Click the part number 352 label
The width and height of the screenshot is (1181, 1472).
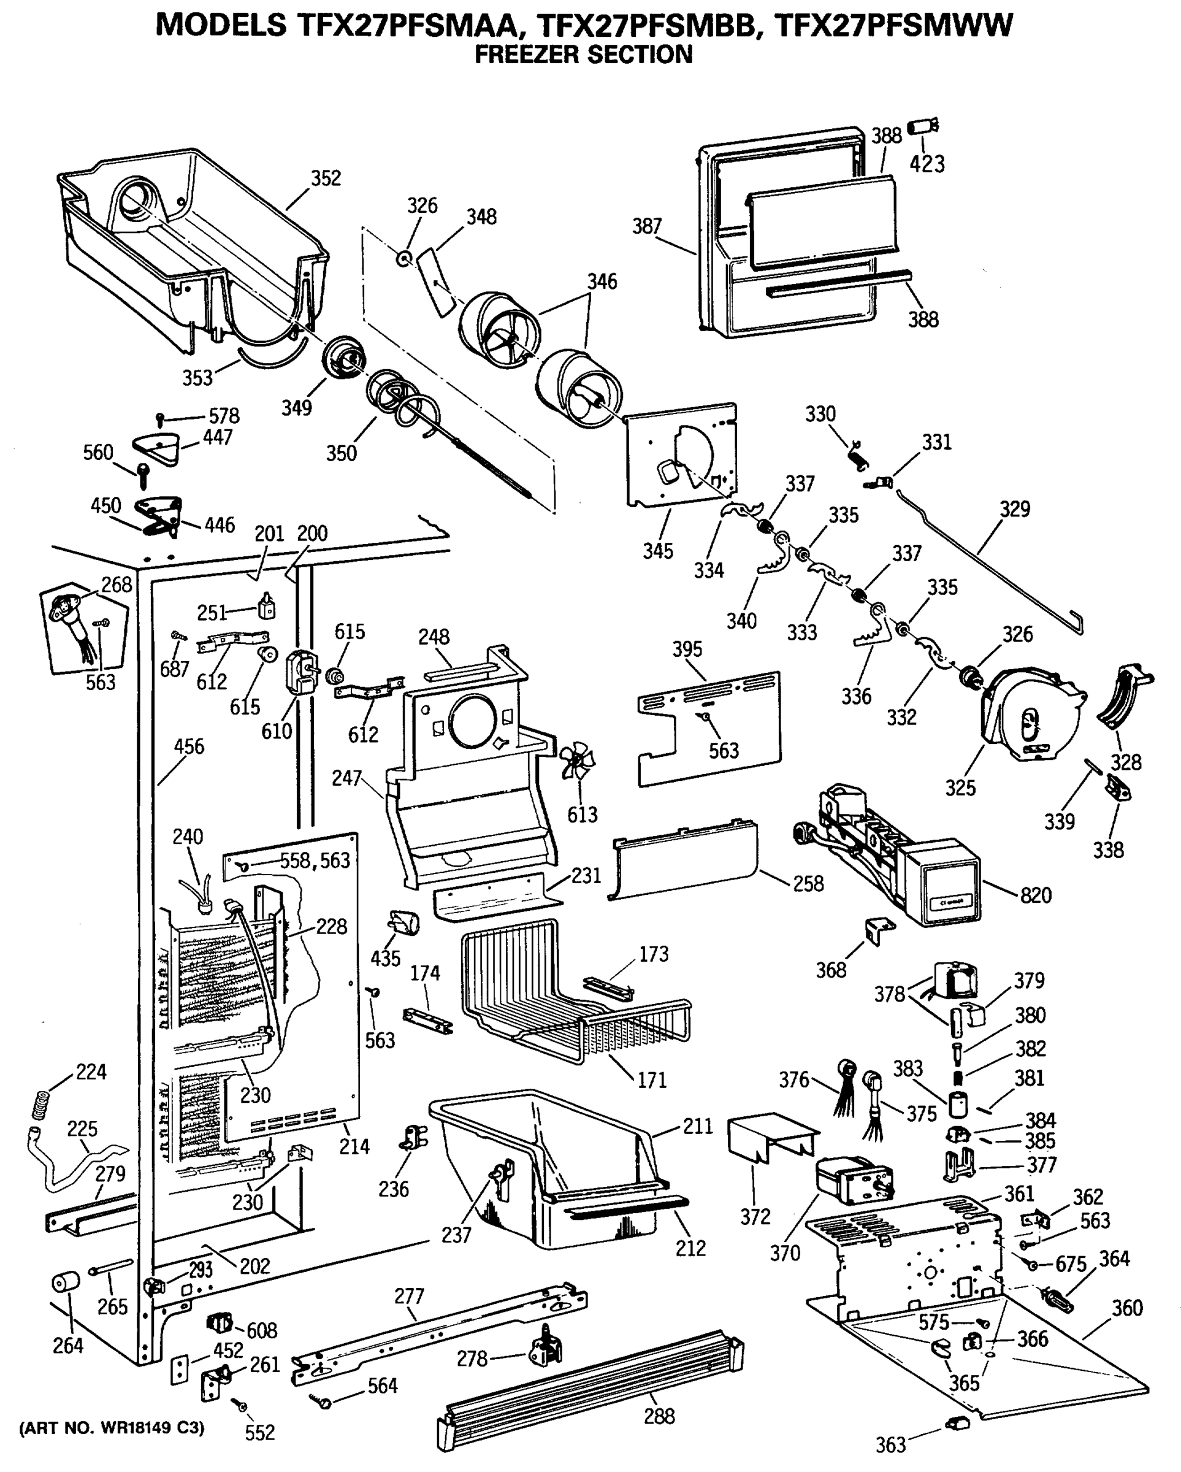click(x=326, y=178)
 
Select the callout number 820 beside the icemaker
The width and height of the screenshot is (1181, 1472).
click(x=1036, y=895)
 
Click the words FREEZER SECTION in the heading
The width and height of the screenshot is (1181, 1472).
click(x=583, y=55)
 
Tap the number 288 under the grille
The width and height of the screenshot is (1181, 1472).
click(x=659, y=1416)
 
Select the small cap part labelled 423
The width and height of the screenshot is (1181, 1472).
click(x=923, y=127)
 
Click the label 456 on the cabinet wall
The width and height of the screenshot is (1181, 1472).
click(x=188, y=746)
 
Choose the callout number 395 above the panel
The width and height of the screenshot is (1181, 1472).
click(x=687, y=650)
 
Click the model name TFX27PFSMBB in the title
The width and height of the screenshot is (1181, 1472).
click(x=646, y=25)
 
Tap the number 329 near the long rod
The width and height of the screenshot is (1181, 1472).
click(x=1014, y=508)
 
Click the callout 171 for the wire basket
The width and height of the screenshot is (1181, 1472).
click(x=651, y=1080)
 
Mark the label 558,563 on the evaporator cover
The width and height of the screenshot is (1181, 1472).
click(x=315, y=861)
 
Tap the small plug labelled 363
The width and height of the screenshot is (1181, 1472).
click(x=957, y=1422)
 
